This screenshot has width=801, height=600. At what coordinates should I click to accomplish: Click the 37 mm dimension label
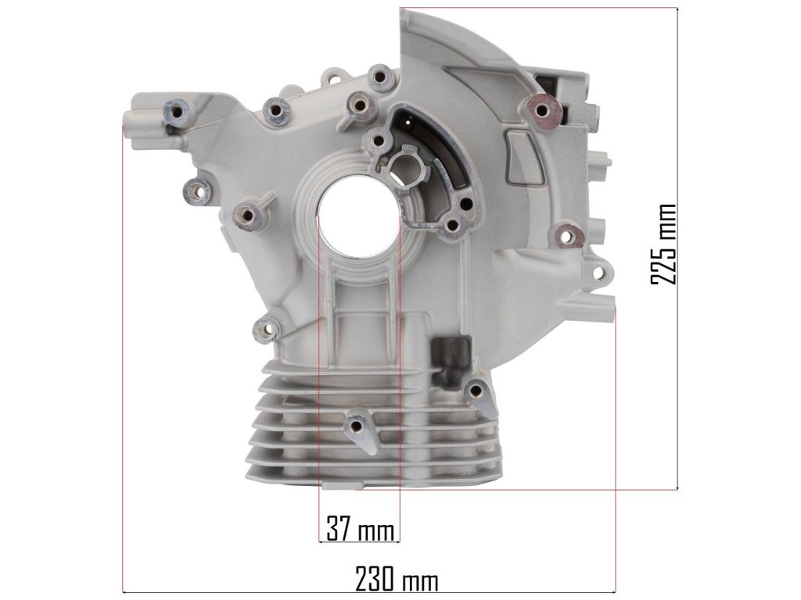point(361,529)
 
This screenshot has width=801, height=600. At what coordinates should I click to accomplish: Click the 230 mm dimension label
point(397,580)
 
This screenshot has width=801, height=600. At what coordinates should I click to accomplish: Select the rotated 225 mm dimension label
point(663,245)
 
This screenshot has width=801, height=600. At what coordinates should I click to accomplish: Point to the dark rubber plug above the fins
point(451,360)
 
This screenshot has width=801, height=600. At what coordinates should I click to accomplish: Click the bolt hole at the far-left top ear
point(178,110)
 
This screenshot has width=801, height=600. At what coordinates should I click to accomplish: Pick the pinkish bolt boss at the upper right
point(541,111)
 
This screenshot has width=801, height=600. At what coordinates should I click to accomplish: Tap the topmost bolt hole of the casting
point(379,77)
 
